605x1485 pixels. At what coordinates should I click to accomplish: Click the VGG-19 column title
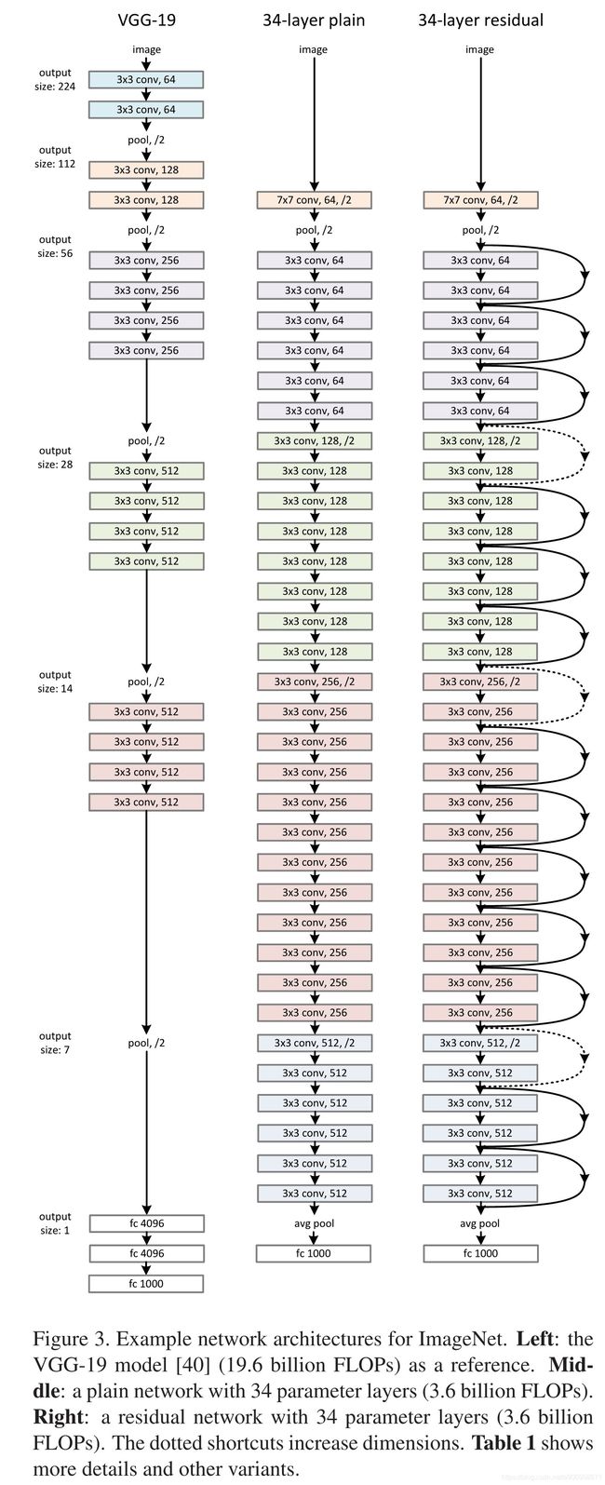click(x=146, y=20)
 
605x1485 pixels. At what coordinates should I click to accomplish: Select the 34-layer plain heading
click(x=314, y=20)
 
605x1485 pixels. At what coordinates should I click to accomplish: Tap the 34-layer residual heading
click(x=480, y=20)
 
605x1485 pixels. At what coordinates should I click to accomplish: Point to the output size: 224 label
click(x=55, y=79)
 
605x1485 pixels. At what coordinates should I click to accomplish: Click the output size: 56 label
click(x=55, y=246)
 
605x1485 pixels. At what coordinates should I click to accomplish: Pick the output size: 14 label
click(x=55, y=682)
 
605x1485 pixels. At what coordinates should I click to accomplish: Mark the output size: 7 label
click(x=55, y=1043)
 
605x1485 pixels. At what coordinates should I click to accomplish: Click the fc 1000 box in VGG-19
click(x=146, y=1284)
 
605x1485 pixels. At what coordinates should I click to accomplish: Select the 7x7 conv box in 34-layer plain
click(x=314, y=199)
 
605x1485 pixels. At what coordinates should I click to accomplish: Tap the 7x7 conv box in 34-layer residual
click(x=480, y=199)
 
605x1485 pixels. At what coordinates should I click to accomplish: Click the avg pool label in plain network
click(x=314, y=1223)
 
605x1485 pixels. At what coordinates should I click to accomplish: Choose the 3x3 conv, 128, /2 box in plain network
click(x=314, y=441)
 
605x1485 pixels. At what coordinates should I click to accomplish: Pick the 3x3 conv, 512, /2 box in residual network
click(x=480, y=1043)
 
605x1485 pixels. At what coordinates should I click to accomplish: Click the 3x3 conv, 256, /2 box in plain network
click(x=314, y=682)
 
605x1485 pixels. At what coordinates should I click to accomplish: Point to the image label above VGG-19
click(x=146, y=49)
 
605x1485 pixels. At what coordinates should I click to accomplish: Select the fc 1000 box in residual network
click(x=480, y=1253)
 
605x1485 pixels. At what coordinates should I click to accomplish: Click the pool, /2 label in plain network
click(x=314, y=230)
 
